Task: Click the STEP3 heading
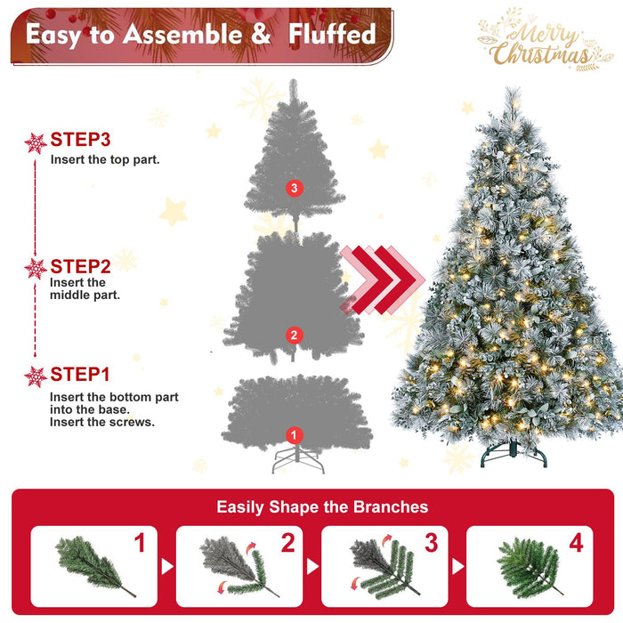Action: tap(80, 140)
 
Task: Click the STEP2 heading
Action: tap(80, 266)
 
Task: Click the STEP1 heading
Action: tap(80, 374)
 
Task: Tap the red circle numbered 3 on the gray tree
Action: tap(295, 188)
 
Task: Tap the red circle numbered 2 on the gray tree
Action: tap(294, 335)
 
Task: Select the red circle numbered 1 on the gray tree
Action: tap(294, 434)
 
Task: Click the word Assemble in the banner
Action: tap(177, 35)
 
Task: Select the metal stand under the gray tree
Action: tap(295, 459)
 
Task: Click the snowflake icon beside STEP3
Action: tap(36, 142)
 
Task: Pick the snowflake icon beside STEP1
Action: tap(36, 376)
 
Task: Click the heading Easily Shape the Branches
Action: tap(322, 507)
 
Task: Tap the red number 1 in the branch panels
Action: tap(140, 543)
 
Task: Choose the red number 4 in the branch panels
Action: tap(576, 543)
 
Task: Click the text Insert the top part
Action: tap(105, 160)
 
